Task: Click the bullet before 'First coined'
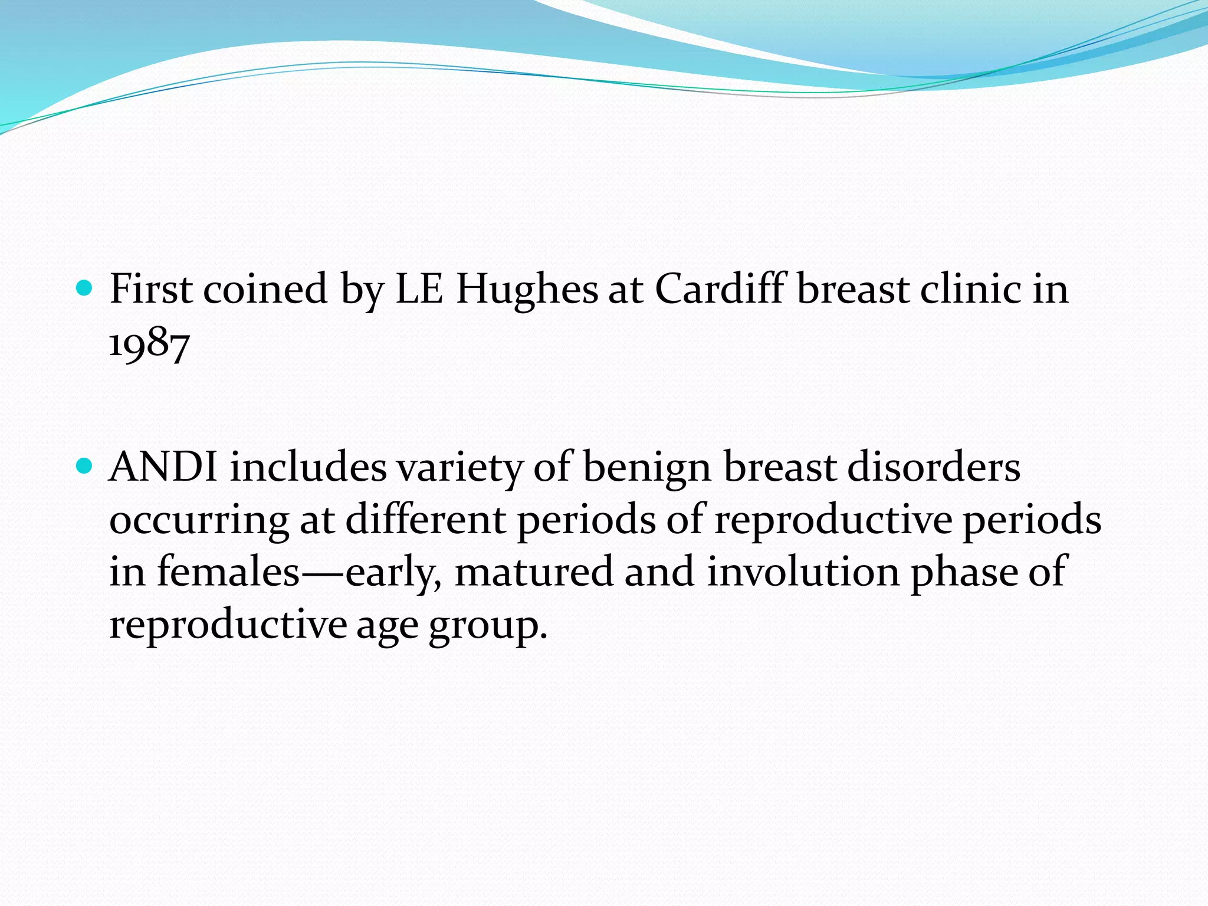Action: [x=85, y=288]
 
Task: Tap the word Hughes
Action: [x=527, y=290]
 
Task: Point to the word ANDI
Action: [x=163, y=467]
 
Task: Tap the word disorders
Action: [x=933, y=467]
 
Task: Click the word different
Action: [x=425, y=519]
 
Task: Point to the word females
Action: [x=228, y=572]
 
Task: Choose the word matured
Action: [x=534, y=572]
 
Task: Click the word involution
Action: [x=803, y=572]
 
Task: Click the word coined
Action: [x=265, y=290]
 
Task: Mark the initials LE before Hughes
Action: [x=419, y=290]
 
